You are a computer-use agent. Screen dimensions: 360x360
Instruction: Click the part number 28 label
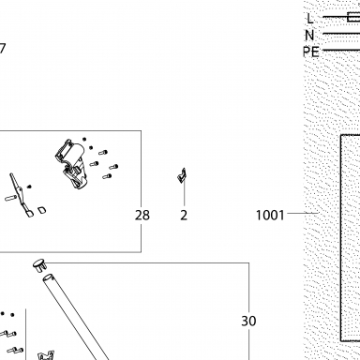pyautogui.click(x=142, y=216)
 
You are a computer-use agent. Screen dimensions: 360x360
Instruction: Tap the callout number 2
pyautogui.click(x=184, y=216)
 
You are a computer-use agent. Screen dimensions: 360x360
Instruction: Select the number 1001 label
pyautogui.click(x=270, y=216)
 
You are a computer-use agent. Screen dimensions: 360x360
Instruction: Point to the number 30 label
pyautogui.click(x=248, y=321)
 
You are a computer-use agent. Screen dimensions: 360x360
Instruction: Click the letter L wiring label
pyautogui.click(x=310, y=19)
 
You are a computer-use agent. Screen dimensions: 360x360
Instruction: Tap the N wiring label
pyautogui.click(x=309, y=35)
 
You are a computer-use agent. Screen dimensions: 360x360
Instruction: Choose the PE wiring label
pyautogui.click(x=311, y=52)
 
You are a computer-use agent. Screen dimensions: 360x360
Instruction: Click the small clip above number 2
pyautogui.click(x=182, y=176)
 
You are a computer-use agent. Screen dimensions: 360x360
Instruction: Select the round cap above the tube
pyautogui.click(x=39, y=265)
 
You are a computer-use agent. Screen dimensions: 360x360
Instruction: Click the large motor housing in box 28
pyautogui.click(x=72, y=164)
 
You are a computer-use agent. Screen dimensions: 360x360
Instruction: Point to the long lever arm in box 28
pyautogui.click(x=21, y=195)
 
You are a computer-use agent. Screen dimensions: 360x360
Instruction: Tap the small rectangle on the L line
pyautogui.click(x=353, y=17)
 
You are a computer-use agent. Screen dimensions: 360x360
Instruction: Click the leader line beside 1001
pyautogui.click(x=303, y=213)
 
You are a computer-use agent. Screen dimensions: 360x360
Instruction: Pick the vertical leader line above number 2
pyautogui.click(x=184, y=193)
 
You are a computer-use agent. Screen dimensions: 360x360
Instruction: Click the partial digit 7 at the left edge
pyautogui.click(x=3, y=49)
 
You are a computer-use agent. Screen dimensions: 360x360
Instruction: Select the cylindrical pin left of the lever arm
pyautogui.click(x=11, y=198)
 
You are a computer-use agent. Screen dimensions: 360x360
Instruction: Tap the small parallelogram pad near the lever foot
pyautogui.click(x=42, y=210)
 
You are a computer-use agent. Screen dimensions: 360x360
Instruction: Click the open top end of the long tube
pyautogui.click(x=48, y=277)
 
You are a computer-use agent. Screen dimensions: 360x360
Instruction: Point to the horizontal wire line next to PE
pyautogui.click(x=341, y=50)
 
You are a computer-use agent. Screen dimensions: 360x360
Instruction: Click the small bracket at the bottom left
pyautogui.click(x=46, y=355)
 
